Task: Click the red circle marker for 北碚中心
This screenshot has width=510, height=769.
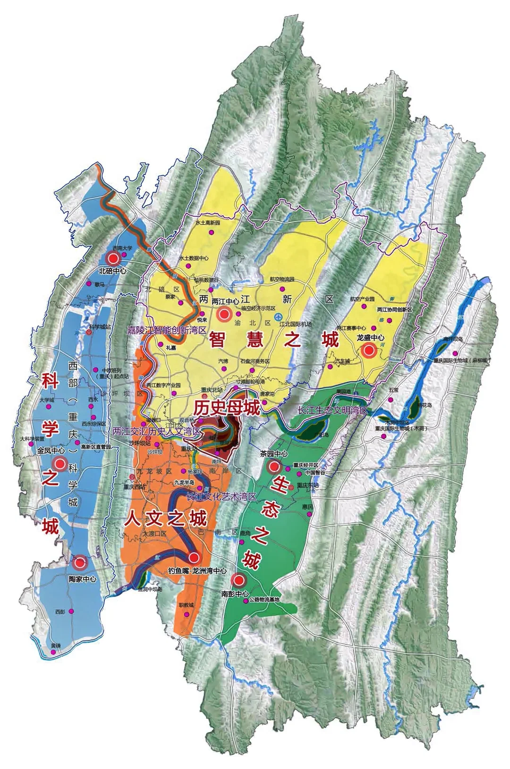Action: tap(113, 258)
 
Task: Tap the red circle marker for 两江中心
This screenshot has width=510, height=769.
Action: tap(224, 313)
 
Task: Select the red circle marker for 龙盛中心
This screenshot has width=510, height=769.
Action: tap(369, 350)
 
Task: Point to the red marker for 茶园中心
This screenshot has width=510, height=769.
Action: tap(273, 467)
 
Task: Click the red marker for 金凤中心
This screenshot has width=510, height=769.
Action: tap(59, 464)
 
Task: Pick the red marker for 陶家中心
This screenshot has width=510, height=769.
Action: tap(80, 563)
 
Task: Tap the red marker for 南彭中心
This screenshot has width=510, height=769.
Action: tap(239, 579)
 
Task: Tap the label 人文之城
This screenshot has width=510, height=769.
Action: tap(166, 519)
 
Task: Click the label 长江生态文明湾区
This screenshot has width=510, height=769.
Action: tap(332, 411)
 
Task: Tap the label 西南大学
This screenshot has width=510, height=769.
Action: tap(122, 248)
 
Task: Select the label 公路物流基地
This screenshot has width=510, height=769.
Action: tap(264, 600)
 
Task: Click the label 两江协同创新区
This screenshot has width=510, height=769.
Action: tap(395, 310)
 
